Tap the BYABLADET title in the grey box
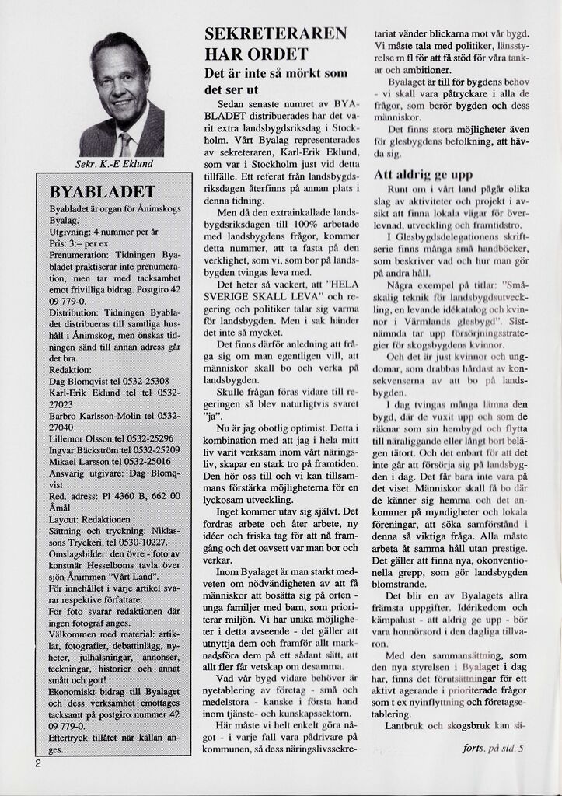pyautogui.click(x=103, y=192)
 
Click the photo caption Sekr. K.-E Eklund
pyautogui.click(x=114, y=164)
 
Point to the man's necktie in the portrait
pyautogui.click(x=124, y=144)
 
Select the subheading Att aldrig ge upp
pyautogui.click(x=423, y=175)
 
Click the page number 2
pyautogui.click(x=37, y=763)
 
